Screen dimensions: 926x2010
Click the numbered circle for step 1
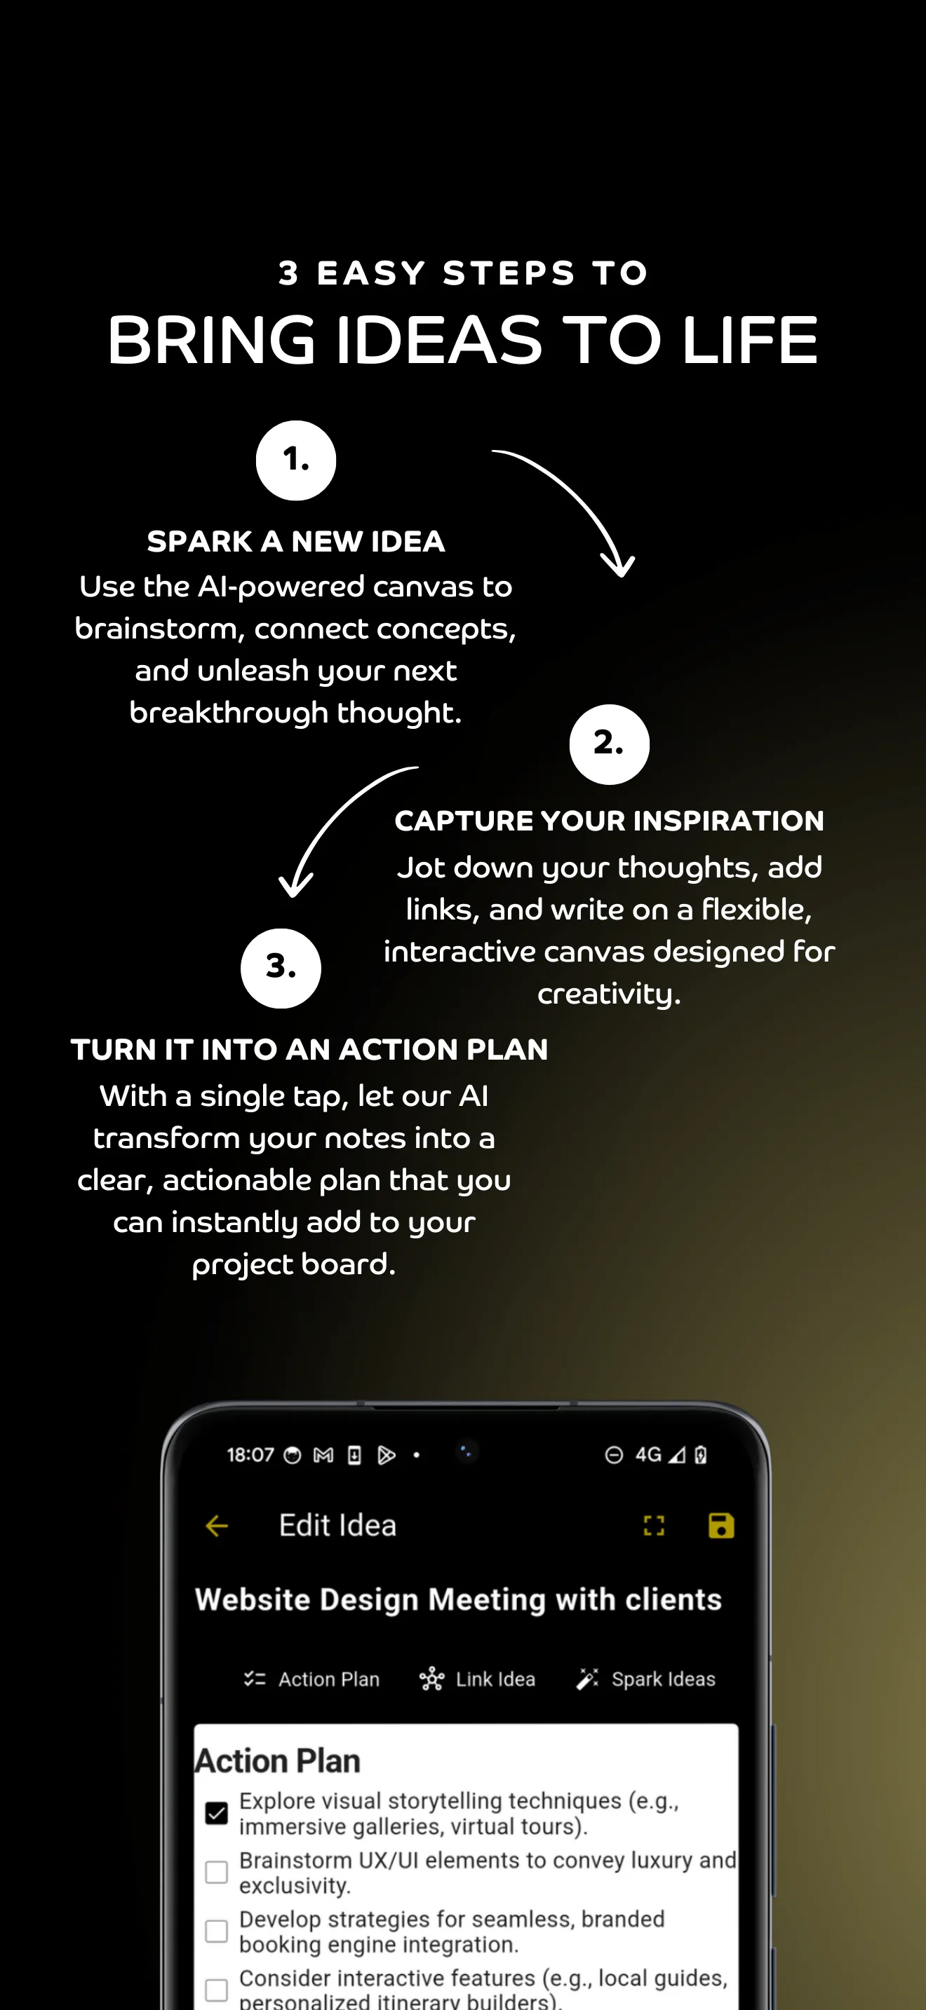coord(296,460)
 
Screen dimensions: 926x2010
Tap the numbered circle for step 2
coord(609,744)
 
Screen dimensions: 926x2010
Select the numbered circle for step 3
coord(281,968)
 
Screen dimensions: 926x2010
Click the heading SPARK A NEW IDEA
coord(296,541)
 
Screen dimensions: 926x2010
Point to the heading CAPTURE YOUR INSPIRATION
coord(609,820)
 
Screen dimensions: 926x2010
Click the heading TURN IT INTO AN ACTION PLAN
coord(309,1048)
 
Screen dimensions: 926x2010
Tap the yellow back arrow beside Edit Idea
coord(216,1526)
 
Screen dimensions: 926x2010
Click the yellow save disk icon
coord(720,1526)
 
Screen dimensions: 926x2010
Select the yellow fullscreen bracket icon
coord(654,1526)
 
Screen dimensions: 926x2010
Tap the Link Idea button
coord(477,1679)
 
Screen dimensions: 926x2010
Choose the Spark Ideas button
coord(645,1679)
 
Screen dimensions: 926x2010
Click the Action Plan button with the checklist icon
coord(311,1679)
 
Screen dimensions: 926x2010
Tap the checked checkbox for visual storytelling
coord(216,1812)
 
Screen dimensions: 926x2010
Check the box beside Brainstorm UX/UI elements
coord(216,1872)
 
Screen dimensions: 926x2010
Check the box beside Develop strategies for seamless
coord(216,1932)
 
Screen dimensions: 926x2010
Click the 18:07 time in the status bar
coord(250,1454)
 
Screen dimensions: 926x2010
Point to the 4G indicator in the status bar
coord(648,1454)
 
